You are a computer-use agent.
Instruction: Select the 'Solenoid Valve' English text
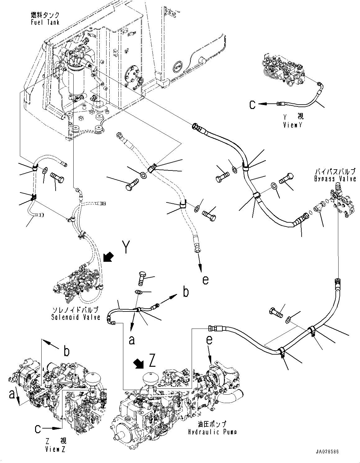[76, 317]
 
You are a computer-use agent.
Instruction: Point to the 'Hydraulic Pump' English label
[212, 432]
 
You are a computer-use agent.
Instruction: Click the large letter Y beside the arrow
[125, 247]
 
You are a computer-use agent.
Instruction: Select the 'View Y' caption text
[293, 125]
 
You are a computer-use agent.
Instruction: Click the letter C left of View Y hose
[253, 105]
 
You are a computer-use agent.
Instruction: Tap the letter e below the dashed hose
[205, 280]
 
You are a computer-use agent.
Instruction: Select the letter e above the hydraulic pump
[210, 341]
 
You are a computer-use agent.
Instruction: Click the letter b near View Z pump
[66, 351]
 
